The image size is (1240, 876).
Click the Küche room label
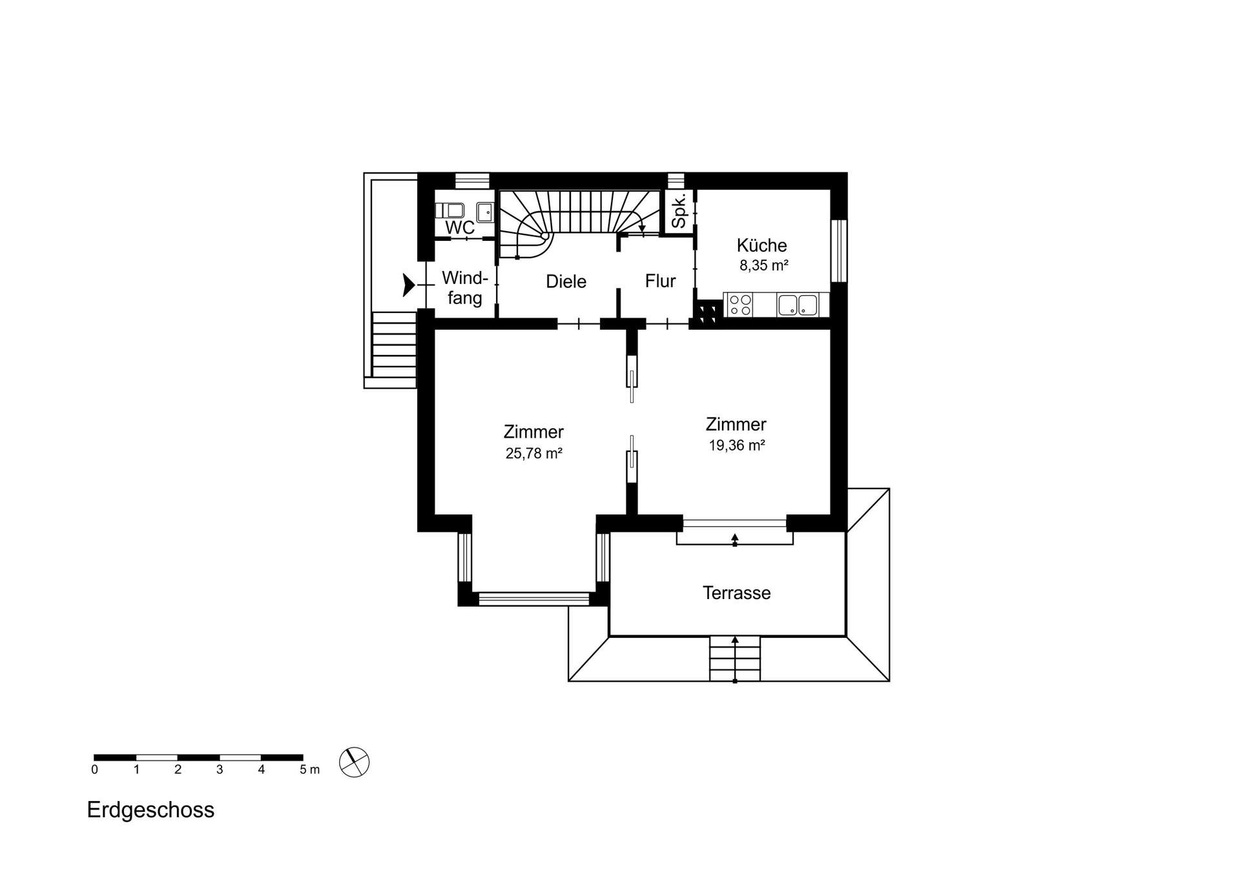coord(761,245)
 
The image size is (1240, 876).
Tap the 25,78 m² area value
coord(533,453)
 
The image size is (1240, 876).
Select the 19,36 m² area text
coord(736,445)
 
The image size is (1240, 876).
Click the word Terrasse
coord(736,593)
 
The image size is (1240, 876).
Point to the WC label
coord(460,228)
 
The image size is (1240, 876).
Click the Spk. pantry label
coord(679,211)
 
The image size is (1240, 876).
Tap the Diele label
coord(566,281)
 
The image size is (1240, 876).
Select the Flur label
coord(660,281)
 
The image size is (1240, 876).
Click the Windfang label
coord(464,288)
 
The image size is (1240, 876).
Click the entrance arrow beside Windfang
coord(408,285)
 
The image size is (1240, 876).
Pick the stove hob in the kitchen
coord(739,305)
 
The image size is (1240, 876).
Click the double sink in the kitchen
coord(798,305)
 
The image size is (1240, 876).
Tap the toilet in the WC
coord(451,210)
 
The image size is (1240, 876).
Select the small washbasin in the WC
coord(484,211)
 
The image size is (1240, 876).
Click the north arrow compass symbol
coord(354,762)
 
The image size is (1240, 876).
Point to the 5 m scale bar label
coord(309,770)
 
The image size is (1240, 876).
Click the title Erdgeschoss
coord(150,810)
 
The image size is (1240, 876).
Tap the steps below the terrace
coord(734,658)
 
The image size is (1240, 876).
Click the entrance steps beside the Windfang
coord(394,345)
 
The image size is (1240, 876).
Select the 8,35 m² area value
coord(763,265)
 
